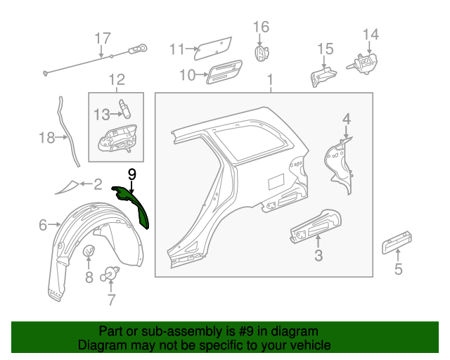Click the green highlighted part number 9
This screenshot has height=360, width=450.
tap(134, 203)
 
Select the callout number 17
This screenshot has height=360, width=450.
tap(103, 38)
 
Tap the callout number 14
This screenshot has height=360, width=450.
tap(371, 34)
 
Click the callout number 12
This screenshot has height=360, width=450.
tap(116, 79)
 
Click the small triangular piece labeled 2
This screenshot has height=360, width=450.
tap(68, 186)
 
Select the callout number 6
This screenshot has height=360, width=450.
tap(43, 225)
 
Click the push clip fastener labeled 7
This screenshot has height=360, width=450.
tap(110, 274)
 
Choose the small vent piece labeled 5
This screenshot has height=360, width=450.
tap(397, 243)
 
